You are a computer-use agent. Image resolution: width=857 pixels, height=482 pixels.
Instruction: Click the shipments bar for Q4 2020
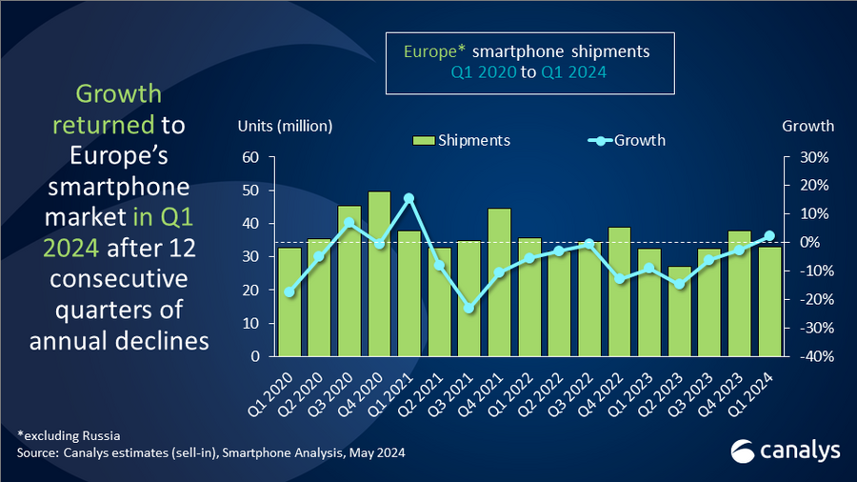click(x=379, y=274)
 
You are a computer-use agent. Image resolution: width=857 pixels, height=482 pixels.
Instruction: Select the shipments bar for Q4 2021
click(x=499, y=282)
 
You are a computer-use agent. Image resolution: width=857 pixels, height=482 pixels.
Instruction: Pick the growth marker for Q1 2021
click(x=409, y=198)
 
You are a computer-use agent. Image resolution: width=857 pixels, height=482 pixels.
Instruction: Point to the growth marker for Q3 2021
click(x=468, y=308)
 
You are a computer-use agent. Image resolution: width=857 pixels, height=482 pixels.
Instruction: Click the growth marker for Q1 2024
click(x=769, y=235)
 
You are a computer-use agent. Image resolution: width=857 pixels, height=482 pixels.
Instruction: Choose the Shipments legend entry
click(x=462, y=140)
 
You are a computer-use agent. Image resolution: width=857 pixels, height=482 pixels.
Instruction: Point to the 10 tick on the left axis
click(x=254, y=324)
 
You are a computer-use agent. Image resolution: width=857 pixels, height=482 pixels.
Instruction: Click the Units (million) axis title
click(x=285, y=126)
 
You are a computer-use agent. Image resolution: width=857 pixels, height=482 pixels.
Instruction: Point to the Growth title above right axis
click(x=807, y=126)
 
